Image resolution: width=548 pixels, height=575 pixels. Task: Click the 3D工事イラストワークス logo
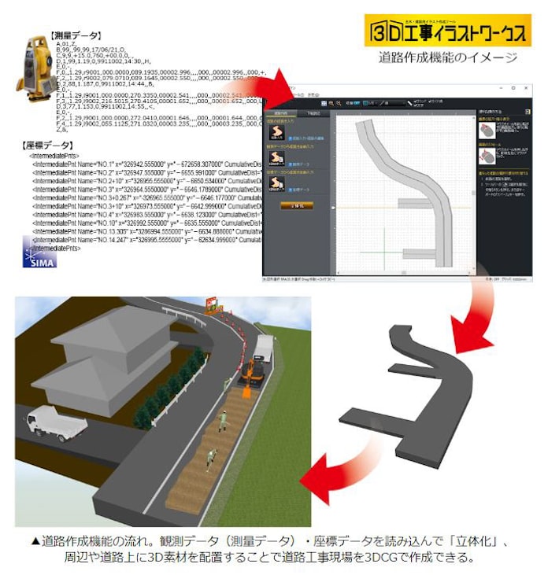pos(449,31)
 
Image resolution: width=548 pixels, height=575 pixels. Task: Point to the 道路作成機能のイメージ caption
pos(446,57)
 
